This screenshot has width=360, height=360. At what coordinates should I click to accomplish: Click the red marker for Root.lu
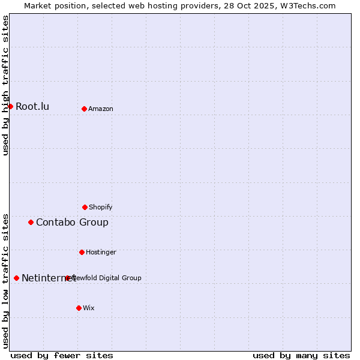click(x=10, y=106)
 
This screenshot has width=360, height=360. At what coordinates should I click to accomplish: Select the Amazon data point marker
click(x=84, y=109)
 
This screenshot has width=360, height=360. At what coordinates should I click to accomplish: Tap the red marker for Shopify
click(x=85, y=207)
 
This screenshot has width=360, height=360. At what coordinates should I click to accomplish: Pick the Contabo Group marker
click(x=31, y=222)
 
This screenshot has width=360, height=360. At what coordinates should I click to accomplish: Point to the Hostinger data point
click(x=82, y=252)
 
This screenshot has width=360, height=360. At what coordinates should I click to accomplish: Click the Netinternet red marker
click(x=16, y=278)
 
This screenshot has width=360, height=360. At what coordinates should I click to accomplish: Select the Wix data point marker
click(x=79, y=308)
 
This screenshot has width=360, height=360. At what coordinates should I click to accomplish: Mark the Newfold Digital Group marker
click(x=67, y=278)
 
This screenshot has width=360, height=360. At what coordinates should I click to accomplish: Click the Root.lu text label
click(x=32, y=107)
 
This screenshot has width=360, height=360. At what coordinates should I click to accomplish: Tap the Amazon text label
click(x=101, y=109)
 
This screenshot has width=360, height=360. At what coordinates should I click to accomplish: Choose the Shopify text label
click(x=101, y=207)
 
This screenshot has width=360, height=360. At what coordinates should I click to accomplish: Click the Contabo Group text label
click(x=72, y=223)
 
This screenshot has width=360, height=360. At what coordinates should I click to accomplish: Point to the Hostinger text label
click(x=101, y=252)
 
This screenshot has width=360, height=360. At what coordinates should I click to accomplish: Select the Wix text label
click(x=89, y=308)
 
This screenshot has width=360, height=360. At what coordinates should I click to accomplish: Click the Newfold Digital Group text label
click(x=108, y=278)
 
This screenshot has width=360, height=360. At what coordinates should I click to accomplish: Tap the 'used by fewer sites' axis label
click(x=62, y=355)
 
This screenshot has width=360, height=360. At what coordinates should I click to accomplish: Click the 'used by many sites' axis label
click(x=301, y=355)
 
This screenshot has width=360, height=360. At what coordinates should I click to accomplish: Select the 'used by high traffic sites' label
click(x=5, y=85)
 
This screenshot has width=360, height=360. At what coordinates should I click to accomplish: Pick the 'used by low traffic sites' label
click(x=5, y=281)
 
